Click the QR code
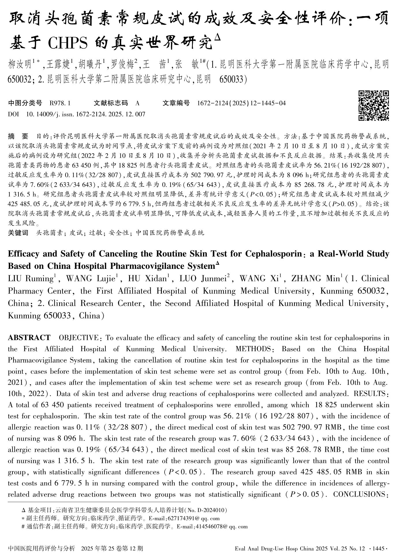pos(374,105)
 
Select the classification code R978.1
pos(60,103)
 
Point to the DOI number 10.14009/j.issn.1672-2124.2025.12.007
pos(85,114)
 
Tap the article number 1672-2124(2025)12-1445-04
pos(241,103)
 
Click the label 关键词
pos(18,233)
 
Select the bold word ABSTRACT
pos(29,337)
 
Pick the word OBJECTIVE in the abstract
pos(79,337)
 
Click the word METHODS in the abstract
pos(253,349)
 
